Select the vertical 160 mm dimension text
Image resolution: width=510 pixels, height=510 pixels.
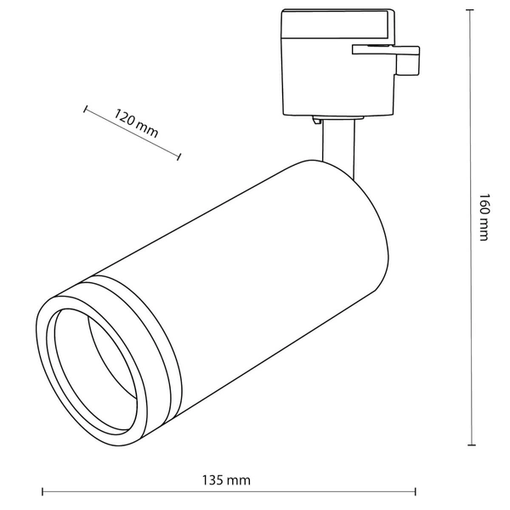(484, 217)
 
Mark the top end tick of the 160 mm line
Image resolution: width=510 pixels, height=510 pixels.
(471, 10)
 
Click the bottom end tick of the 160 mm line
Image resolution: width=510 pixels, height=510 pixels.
(471, 445)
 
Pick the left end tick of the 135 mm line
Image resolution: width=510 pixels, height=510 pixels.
(42, 491)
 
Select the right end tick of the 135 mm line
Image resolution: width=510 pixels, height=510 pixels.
(415, 491)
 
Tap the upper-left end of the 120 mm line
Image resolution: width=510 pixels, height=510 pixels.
(86, 108)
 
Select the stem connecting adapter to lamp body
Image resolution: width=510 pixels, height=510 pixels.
(337, 144)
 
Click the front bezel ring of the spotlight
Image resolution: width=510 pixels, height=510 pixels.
(47, 357)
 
